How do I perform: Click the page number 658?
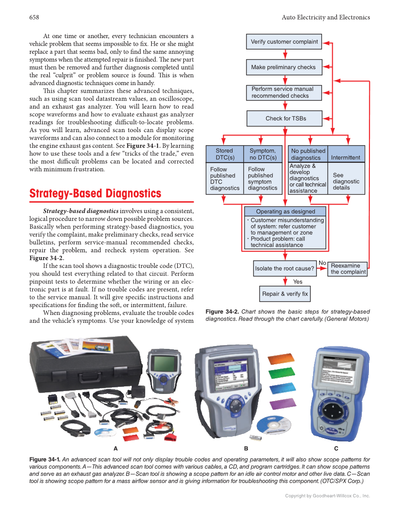(34, 17)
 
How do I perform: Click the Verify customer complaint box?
(284, 42)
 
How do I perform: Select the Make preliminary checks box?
(284, 67)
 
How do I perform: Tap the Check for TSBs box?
(284, 118)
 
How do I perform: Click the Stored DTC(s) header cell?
(224, 154)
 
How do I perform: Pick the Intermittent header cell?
(345, 157)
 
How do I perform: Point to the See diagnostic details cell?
(346, 181)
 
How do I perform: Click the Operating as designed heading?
(285, 212)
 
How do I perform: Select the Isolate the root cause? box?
(284, 268)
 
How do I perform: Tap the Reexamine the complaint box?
(348, 269)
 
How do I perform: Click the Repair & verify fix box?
(285, 294)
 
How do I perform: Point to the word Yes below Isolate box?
(297, 282)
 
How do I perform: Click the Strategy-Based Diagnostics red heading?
(95, 194)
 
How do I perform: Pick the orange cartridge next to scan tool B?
(282, 360)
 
